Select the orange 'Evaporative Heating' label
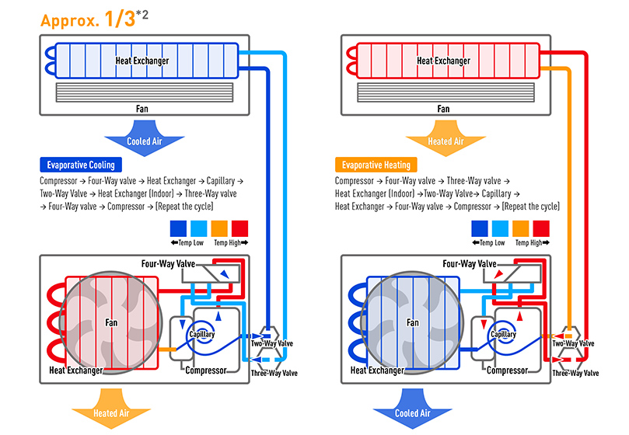[x=376, y=165]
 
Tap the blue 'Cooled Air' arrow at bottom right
[x=413, y=412]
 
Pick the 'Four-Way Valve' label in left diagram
[x=168, y=264]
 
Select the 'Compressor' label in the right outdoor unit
[x=507, y=371]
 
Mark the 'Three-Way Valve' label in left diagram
[x=274, y=374]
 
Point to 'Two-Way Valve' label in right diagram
[x=573, y=343]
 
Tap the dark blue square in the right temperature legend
[x=479, y=228]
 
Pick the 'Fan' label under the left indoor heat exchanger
[x=142, y=109]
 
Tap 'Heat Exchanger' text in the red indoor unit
[x=443, y=61]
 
